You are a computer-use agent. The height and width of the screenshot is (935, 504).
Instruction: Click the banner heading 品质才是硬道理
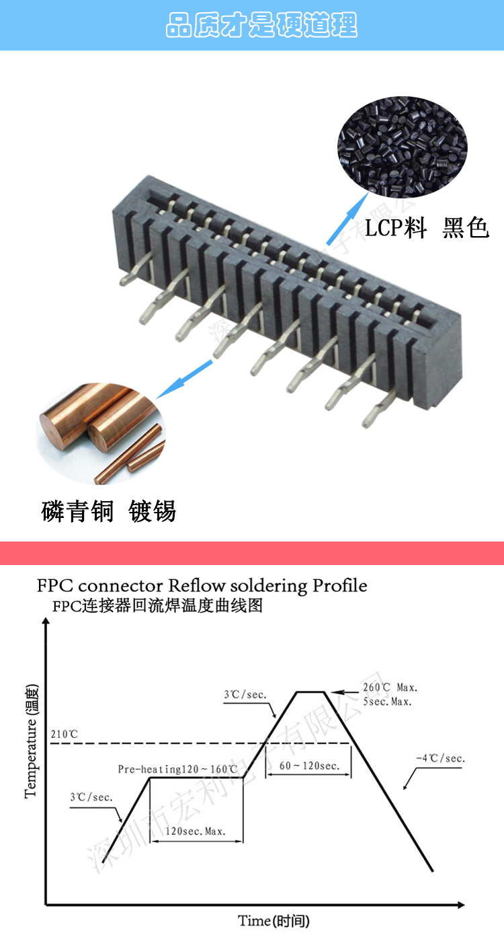[261, 26]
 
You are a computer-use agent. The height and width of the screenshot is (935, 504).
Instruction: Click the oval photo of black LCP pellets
[401, 146]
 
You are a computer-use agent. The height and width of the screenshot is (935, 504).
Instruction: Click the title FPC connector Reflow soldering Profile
[202, 585]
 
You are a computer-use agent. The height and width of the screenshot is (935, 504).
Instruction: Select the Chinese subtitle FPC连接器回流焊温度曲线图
[157, 606]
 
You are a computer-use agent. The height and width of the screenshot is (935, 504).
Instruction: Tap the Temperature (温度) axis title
[32, 740]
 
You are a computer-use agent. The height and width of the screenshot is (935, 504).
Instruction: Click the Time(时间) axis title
[274, 921]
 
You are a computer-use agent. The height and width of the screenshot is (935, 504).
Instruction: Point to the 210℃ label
[64, 734]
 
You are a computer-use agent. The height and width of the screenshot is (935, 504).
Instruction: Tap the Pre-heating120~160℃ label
[177, 769]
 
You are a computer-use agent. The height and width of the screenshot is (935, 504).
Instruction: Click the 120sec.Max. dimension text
[195, 831]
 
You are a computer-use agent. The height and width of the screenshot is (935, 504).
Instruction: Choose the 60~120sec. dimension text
[309, 765]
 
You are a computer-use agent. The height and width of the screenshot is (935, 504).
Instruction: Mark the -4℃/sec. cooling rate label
[440, 759]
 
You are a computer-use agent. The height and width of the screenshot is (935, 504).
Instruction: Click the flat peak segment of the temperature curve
[311, 691]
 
